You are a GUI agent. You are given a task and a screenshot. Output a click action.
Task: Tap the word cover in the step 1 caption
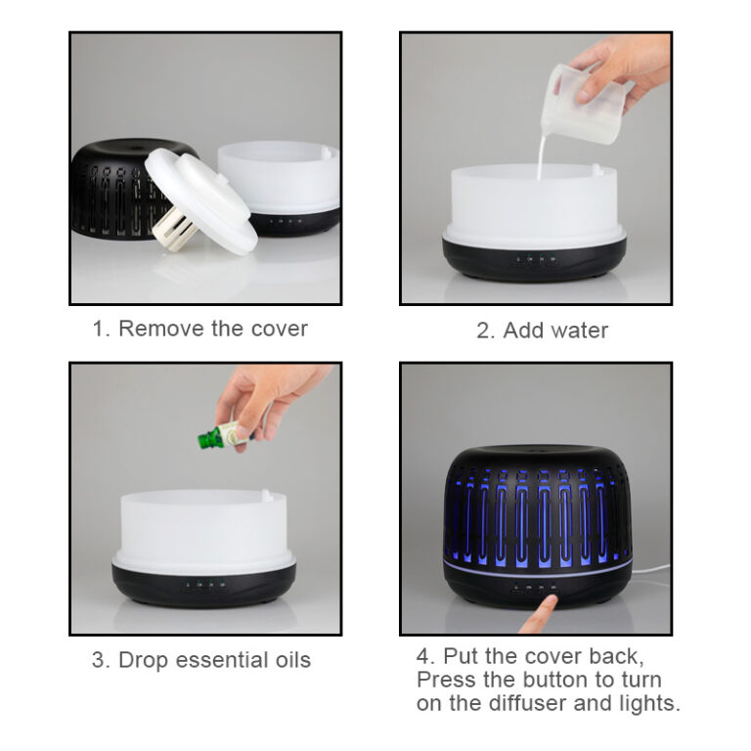(279, 329)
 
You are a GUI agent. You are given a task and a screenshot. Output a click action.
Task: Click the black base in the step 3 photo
(203, 588)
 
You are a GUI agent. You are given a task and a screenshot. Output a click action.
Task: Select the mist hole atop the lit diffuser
(537, 455)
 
